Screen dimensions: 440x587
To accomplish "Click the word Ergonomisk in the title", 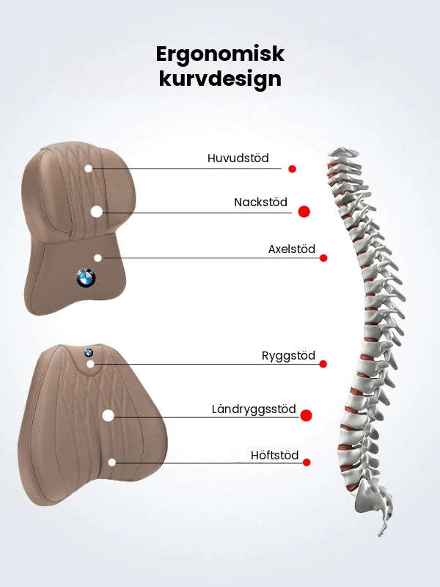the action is [x=220, y=54].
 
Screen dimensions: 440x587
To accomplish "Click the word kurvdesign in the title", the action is [x=220, y=79].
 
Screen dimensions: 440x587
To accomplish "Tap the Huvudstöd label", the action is [x=238, y=158].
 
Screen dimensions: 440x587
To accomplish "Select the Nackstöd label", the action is [x=260, y=203].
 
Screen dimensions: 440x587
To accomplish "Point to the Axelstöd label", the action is [x=291, y=249].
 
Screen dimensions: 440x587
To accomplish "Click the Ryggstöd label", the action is [x=288, y=356].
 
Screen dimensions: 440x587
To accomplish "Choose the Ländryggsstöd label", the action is [x=254, y=409].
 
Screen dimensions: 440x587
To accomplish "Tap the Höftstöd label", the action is [x=274, y=455].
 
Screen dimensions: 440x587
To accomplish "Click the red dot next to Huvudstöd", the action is [x=292, y=169].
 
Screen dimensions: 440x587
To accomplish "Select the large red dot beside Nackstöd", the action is [x=304, y=211].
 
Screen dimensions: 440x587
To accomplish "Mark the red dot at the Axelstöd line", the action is [x=323, y=258].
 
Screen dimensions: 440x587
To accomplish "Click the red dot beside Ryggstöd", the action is [x=323, y=364].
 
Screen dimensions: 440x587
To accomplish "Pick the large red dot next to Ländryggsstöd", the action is [x=306, y=415].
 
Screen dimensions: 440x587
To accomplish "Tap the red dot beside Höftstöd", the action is [x=307, y=462].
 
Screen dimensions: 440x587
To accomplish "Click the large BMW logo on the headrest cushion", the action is [x=86, y=278].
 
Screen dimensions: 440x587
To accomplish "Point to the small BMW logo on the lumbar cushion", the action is [x=89, y=352].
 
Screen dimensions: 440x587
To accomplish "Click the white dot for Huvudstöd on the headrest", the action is [x=88, y=169].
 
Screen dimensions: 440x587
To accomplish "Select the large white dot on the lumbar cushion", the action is [x=108, y=415].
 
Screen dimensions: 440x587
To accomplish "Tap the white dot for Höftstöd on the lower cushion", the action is [x=112, y=462].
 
